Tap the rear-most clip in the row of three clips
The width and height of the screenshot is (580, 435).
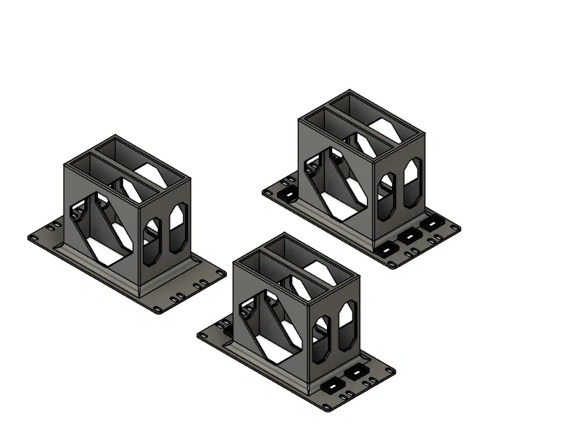pyautogui.click(x=433, y=224)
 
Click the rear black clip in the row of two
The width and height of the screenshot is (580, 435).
pyautogui.click(x=357, y=373)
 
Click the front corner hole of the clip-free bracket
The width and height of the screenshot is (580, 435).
pyautogui.click(x=158, y=310)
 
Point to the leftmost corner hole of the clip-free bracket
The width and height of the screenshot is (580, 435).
pyautogui.click(x=33, y=237)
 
